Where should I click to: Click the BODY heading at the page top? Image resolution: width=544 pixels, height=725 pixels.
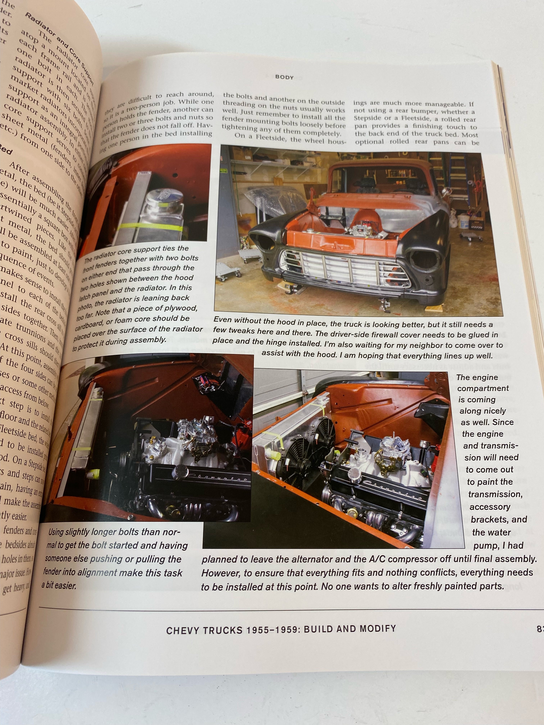coord(284,77)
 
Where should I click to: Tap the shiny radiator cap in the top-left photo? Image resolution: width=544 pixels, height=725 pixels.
coord(162,197)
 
